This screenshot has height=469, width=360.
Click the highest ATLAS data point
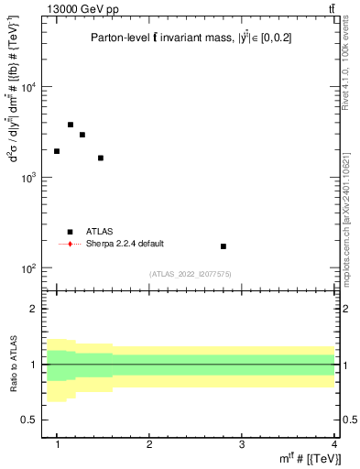click(71, 125)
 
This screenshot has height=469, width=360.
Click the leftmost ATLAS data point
click(57, 151)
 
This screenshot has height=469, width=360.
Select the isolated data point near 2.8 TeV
click(224, 246)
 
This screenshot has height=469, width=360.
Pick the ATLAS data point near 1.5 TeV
click(101, 158)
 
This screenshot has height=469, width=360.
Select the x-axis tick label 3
click(242, 442)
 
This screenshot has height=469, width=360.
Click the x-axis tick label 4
click(333, 442)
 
